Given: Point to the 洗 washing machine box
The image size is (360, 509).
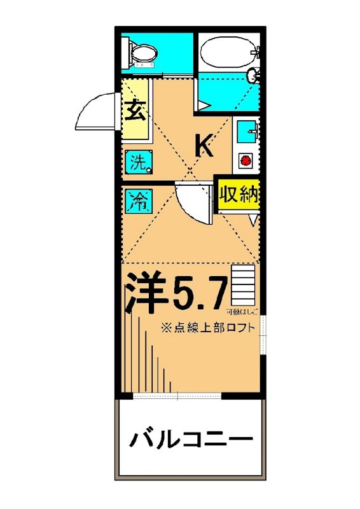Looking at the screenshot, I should [139, 162].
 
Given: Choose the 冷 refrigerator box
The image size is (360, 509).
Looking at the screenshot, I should [138, 202].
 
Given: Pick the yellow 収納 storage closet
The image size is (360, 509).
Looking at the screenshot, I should [239, 195].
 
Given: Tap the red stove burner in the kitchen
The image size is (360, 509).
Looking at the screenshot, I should [245, 161].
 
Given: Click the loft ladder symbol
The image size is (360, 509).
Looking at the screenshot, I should [244, 284].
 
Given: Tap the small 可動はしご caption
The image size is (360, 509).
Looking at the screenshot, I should [242, 312].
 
